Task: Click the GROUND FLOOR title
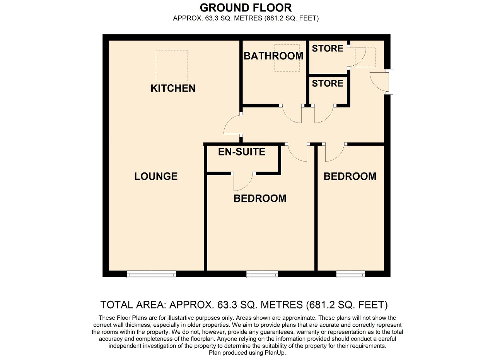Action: [246, 8]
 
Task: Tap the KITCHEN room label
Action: [173, 89]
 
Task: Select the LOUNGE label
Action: [156, 176]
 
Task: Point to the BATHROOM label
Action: [273, 56]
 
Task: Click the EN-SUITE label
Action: [242, 152]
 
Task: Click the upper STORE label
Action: [328, 48]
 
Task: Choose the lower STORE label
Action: [328, 83]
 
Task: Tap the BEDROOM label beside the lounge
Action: [260, 198]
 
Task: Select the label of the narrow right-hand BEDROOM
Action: [350, 176]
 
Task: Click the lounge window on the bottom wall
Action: [151, 274]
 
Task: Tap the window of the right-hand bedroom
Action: [350, 274]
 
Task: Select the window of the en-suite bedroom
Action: [262, 274]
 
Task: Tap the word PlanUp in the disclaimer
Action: [275, 353]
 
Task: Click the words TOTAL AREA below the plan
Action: [133, 305]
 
